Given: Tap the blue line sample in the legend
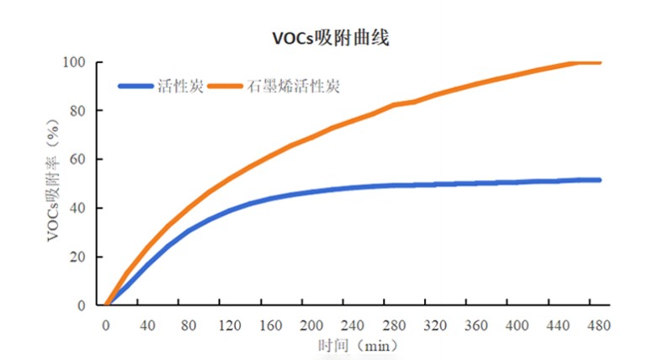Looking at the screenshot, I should coord(136,86).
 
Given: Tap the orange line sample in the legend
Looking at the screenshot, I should coord(225,86).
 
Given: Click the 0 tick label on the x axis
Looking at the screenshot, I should coord(106,324).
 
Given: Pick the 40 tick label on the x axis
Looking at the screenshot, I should coord(147,324).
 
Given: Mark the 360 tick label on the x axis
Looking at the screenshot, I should coord(477,324).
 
